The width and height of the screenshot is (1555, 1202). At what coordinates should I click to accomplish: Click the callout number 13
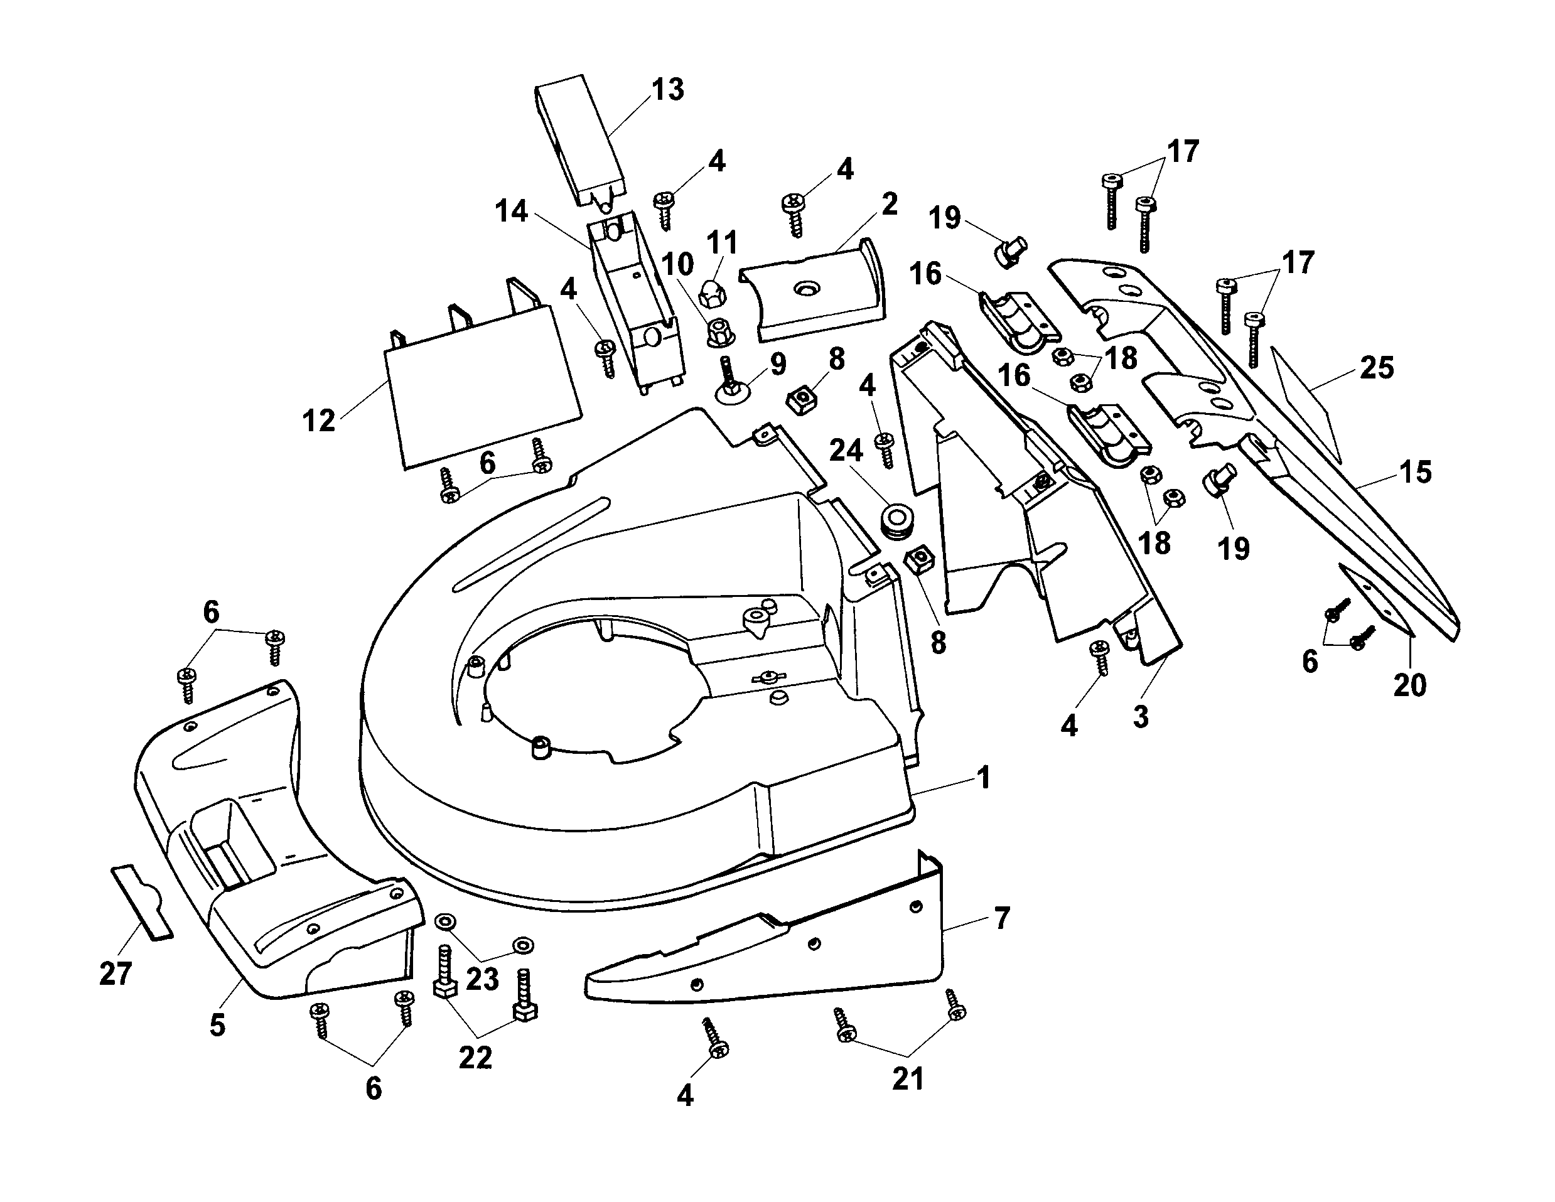pyautogui.click(x=667, y=90)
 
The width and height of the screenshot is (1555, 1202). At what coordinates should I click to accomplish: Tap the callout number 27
pyautogui.click(x=116, y=974)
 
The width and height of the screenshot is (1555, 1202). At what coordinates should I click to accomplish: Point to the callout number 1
pyautogui.click(x=984, y=778)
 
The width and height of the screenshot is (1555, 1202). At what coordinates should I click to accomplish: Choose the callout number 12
pyautogui.click(x=318, y=420)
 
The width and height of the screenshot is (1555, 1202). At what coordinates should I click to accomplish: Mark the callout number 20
pyautogui.click(x=1410, y=685)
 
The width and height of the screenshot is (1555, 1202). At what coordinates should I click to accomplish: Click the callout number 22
pyautogui.click(x=475, y=1058)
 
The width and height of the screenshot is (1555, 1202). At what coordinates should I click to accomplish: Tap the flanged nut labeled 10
pyautogui.click(x=720, y=332)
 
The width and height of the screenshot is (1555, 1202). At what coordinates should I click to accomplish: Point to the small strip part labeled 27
pyautogui.click(x=143, y=903)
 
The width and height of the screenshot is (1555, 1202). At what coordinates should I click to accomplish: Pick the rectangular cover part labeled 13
pyautogui.click(x=580, y=141)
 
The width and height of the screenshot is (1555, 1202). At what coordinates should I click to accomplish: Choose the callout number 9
pyautogui.click(x=778, y=364)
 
